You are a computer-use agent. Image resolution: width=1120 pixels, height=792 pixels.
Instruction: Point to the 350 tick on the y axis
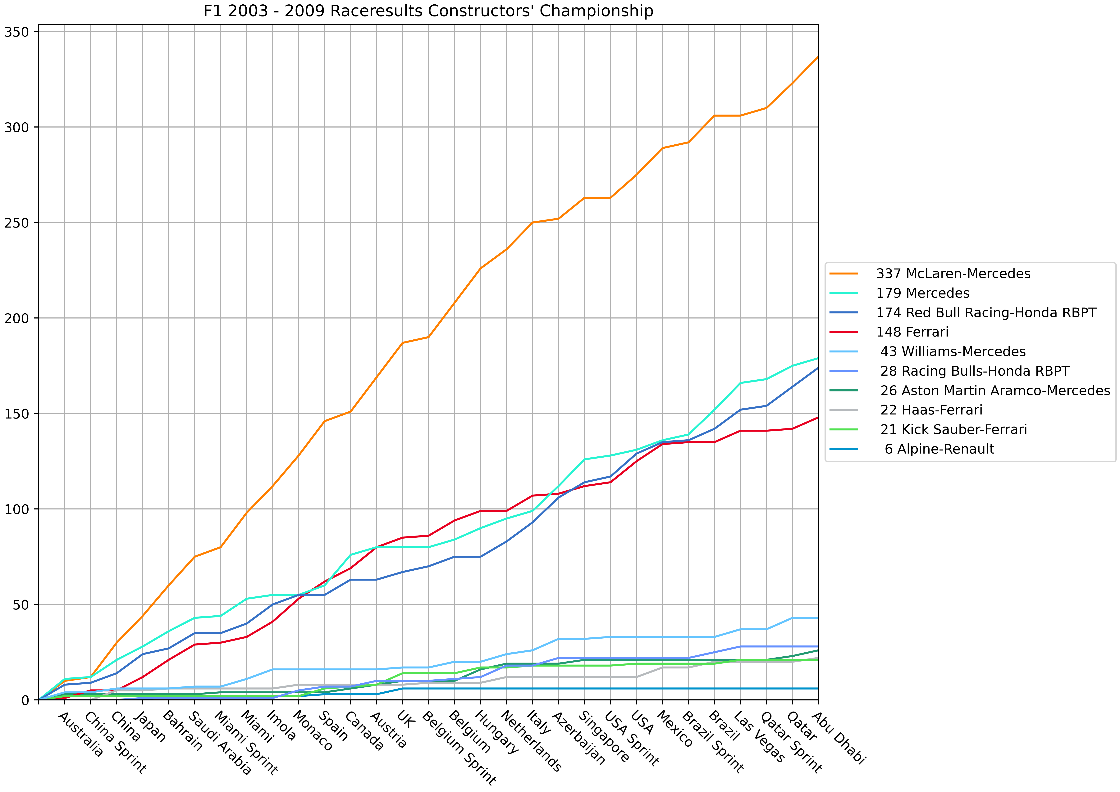pyautogui.click(x=17, y=32)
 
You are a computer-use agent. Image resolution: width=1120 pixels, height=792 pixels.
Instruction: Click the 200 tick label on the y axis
pyautogui.click(x=17, y=318)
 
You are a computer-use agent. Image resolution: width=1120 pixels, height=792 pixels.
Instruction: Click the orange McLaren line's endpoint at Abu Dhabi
pyautogui.click(x=818, y=57)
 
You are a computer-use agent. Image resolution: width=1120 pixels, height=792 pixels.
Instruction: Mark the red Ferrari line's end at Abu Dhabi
pyautogui.click(x=818, y=418)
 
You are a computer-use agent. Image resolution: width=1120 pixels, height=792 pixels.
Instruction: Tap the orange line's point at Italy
pyautogui.click(x=532, y=222)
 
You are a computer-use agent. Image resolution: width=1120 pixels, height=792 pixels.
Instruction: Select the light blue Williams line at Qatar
pyautogui.click(x=792, y=618)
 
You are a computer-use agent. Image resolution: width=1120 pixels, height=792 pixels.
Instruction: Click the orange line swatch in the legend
pyautogui.click(x=843, y=274)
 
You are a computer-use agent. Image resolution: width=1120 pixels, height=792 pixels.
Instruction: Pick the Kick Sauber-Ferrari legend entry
pyautogui.click(x=953, y=430)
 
